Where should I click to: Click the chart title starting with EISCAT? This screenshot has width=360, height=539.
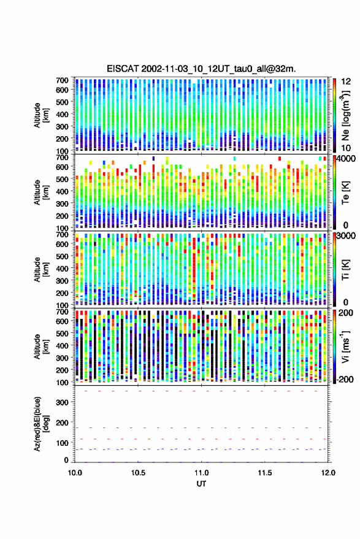(x=201, y=69)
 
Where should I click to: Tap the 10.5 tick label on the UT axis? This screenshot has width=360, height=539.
(x=138, y=473)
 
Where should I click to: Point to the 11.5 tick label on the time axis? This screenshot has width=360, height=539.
(x=265, y=473)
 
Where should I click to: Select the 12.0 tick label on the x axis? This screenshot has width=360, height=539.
(x=328, y=473)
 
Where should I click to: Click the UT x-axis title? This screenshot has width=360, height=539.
(x=201, y=484)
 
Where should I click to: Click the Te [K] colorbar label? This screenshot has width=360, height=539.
(x=345, y=193)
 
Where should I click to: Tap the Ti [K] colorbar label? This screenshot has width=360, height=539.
(x=345, y=270)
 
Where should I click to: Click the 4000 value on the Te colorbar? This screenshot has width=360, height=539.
(x=347, y=159)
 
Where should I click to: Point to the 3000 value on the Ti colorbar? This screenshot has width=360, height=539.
(x=347, y=236)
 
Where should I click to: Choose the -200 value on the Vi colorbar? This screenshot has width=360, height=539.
(x=345, y=379)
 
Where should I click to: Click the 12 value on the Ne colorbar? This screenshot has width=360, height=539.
(x=347, y=82)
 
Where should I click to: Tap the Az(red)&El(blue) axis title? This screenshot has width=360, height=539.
(x=40, y=424)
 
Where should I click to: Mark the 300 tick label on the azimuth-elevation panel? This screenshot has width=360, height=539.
(x=62, y=402)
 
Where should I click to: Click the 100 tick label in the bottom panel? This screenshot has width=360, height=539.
(x=62, y=443)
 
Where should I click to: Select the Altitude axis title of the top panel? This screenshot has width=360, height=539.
(x=40, y=115)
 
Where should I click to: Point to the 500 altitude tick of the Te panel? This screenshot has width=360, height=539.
(x=62, y=179)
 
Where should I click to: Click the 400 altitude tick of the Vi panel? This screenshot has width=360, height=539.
(x=62, y=346)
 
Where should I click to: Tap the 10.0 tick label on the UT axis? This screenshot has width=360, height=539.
(x=75, y=473)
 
